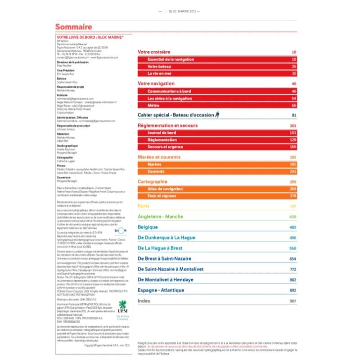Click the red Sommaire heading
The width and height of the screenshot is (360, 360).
[73, 27]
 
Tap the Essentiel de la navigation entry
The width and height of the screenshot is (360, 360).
[171, 59]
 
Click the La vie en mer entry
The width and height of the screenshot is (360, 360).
[160, 73]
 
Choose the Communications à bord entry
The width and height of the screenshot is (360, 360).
[169, 91]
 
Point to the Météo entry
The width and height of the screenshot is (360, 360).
[153, 105]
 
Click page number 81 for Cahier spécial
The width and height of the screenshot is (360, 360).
[294, 115]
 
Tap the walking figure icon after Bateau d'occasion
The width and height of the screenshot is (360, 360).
[217, 115]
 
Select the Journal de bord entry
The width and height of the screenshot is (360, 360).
[162, 133]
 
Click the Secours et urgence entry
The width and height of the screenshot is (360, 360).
[165, 147]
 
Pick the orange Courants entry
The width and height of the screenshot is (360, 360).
[156, 171]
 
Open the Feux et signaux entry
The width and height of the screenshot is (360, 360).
[162, 196]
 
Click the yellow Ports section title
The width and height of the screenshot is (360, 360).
[144, 207]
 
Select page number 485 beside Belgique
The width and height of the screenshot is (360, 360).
[293, 227]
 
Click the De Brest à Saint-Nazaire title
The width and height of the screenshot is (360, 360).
[164, 259]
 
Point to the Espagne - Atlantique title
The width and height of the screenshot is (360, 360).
[161, 290]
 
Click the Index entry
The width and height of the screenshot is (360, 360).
[144, 301]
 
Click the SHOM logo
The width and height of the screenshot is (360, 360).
[121, 231]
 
